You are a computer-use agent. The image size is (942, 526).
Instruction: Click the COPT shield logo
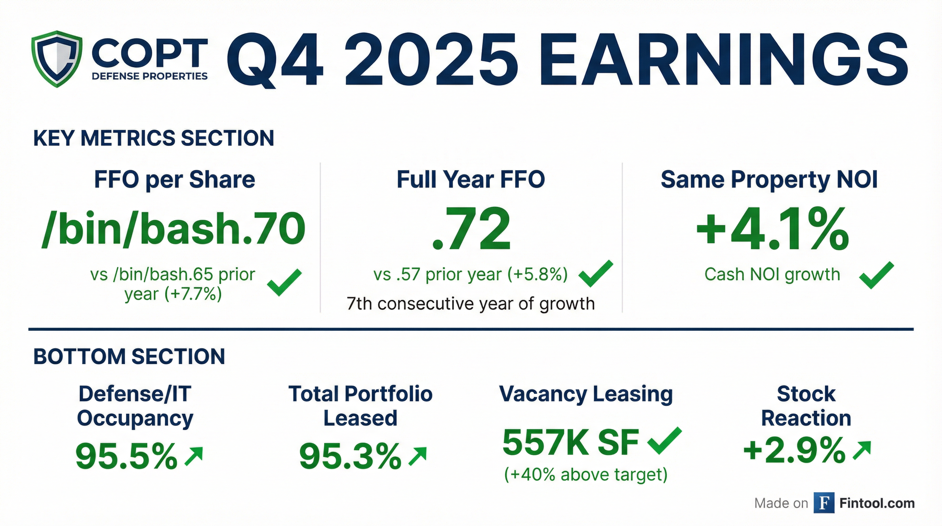pos(57,59)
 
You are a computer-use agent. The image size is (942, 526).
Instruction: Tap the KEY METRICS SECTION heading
pos(154,138)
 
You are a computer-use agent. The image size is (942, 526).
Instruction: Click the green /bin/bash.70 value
pos(173,229)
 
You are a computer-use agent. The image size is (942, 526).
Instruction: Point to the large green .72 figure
pos(471,229)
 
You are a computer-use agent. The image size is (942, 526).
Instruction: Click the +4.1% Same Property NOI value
pos(772,229)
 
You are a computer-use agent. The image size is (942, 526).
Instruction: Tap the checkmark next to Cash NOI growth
pos(876,275)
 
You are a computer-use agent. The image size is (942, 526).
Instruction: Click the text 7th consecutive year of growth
pos(471,304)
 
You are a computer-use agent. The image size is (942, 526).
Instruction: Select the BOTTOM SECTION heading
pos(129,356)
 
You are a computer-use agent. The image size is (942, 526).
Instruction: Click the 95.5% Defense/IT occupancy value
pos(126,456)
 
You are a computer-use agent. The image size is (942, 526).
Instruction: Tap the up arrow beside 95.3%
pos(417,456)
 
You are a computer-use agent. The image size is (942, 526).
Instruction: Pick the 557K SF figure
pos(571,442)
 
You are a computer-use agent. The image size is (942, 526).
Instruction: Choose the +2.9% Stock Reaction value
pos(794,450)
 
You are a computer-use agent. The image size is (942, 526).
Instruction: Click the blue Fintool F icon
pos(824,503)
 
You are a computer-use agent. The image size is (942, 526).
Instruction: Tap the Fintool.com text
pos(877,503)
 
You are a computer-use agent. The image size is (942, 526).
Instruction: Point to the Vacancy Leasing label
pos(586,394)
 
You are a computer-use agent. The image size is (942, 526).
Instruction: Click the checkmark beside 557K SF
pos(664,441)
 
